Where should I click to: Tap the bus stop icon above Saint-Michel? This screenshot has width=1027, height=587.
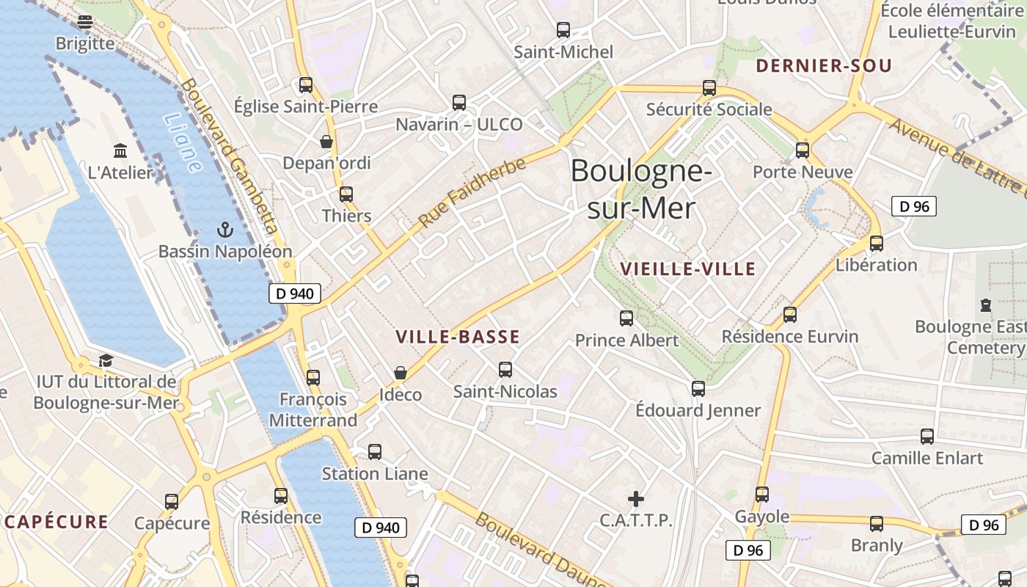pos(563,30)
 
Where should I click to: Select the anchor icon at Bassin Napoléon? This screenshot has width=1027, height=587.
pos(225,230)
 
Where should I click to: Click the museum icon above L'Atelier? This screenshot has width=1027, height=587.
pos(120,151)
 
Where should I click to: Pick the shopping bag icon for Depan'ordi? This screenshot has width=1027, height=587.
pos(326,142)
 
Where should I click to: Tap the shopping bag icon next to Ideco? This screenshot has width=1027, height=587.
pos(401,373)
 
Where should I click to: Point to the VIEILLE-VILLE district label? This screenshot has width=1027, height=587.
pos(687,269)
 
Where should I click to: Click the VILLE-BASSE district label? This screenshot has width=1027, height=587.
pos(458,338)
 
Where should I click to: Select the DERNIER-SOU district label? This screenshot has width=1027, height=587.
pos(824,66)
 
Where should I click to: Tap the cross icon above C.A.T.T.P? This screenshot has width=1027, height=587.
pos(636,499)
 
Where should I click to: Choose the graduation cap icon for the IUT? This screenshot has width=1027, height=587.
pos(106,360)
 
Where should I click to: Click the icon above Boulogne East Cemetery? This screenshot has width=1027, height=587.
pos(986,305)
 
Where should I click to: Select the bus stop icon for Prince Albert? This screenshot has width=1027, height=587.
pos(626,318)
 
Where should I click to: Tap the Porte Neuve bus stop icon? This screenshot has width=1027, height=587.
pos(803,150)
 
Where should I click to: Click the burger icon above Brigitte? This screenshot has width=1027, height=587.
pos(85,22)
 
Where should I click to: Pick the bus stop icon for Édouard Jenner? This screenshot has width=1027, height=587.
pos(698,388)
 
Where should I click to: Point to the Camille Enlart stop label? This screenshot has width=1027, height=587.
pos(927,458)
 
